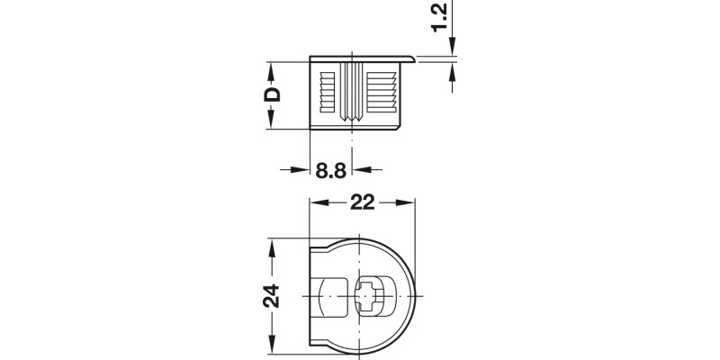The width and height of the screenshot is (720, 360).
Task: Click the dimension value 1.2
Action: click(437, 16)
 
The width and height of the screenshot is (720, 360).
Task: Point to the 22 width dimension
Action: click(363, 204)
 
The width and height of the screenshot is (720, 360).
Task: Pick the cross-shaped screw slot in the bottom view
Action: click(371, 297)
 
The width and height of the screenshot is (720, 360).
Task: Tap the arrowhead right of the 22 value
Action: click(409, 204)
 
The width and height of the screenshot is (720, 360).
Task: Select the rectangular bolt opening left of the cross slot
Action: click(333, 297)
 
